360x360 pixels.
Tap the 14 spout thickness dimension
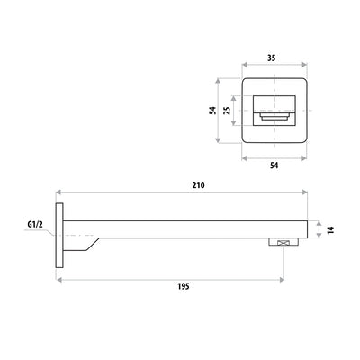(x=330, y=230)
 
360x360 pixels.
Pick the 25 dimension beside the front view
(x=228, y=111)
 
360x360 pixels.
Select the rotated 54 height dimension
(x=213, y=110)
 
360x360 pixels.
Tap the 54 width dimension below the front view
(x=275, y=166)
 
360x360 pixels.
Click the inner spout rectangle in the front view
(x=275, y=108)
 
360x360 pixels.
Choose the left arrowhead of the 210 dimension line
(x=59, y=192)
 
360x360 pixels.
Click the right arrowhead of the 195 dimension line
(x=286, y=279)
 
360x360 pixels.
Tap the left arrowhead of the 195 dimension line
(x=59, y=279)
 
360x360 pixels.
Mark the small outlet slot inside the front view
(x=275, y=117)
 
